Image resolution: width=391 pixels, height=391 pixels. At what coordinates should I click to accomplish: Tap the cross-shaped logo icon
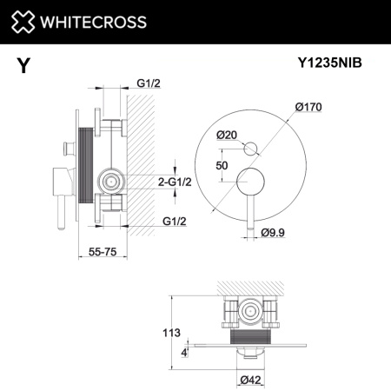[x=24, y=22]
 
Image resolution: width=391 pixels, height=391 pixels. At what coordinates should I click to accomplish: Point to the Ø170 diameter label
[x=310, y=106]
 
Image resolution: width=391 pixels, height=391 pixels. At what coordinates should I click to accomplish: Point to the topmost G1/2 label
[x=149, y=84]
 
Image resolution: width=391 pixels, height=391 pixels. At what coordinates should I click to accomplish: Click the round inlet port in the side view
[x=110, y=181]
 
